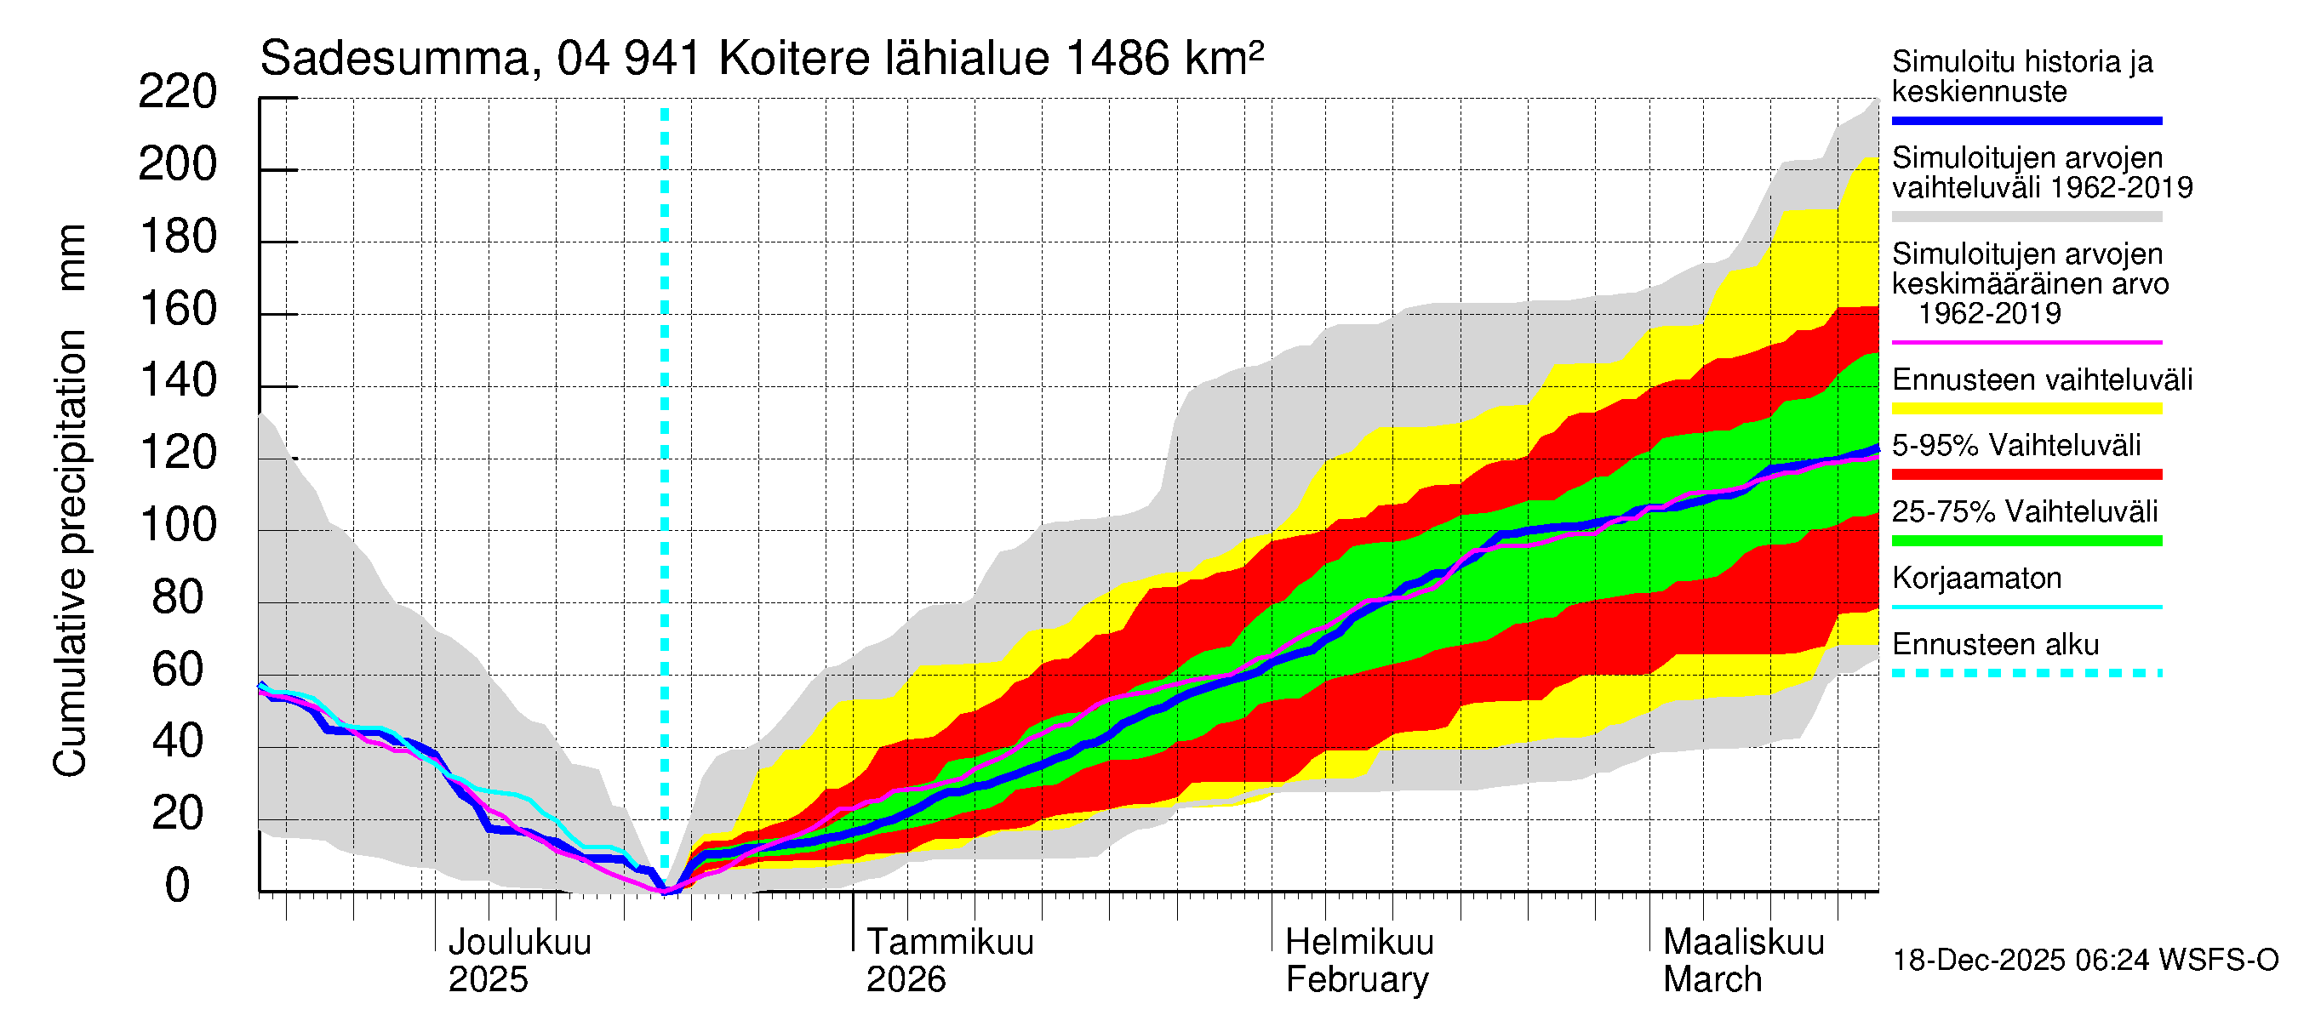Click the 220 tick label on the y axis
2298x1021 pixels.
pyautogui.click(x=177, y=92)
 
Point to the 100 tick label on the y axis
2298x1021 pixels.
pyautogui.click(x=177, y=525)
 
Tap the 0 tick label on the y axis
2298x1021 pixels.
pyautogui.click(x=177, y=886)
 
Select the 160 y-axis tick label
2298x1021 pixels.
pyautogui.click(x=177, y=309)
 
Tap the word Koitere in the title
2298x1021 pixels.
pyautogui.click(x=794, y=59)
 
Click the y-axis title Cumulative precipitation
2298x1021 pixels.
pyautogui.click(x=70, y=553)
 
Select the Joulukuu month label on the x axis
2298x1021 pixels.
pyautogui.click(x=519, y=942)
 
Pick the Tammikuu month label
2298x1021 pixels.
pyautogui.click(x=949, y=942)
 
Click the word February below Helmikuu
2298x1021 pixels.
pyautogui.click(x=1356, y=980)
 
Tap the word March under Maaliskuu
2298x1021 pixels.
pyautogui.click(x=1712, y=980)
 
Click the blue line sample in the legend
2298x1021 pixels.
pyautogui.click(x=2026, y=120)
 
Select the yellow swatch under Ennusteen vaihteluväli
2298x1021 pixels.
pyautogui.click(x=2026, y=408)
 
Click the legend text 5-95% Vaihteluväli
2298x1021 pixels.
pyautogui.click(x=2015, y=445)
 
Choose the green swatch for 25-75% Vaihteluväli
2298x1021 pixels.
pyautogui.click(x=2026, y=540)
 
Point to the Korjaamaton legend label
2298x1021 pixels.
pyautogui.click(x=1976, y=578)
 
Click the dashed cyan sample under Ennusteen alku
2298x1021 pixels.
pyautogui.click(x=2026, y=673)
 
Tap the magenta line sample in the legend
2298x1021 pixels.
pyautogui.click(x=2026, y=341)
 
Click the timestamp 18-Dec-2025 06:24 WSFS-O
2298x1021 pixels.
pyautogui.click(x=2084, y=961)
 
